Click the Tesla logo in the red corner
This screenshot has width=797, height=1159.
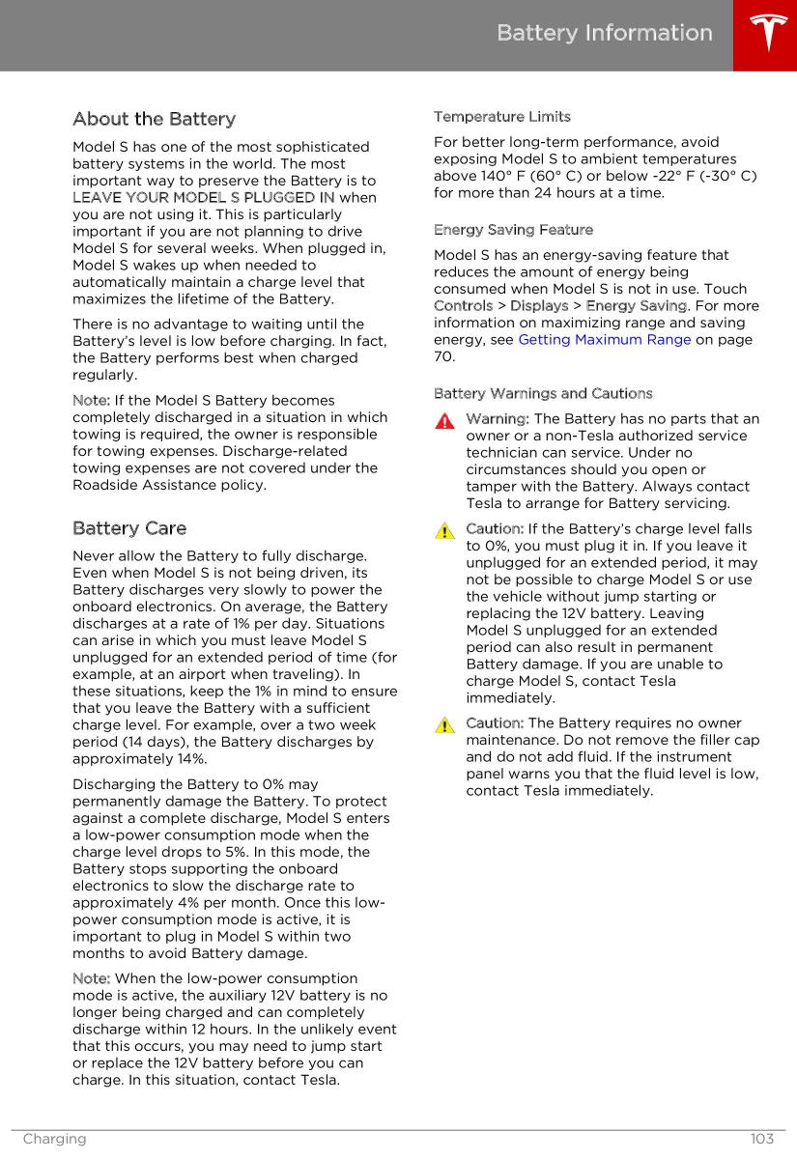[765, 35]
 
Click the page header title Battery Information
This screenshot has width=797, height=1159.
[605, 33]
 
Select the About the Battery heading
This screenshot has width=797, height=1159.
[154, 119]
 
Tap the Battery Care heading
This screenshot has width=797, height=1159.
[129, 528]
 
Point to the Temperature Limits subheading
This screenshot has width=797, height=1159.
[502, 117]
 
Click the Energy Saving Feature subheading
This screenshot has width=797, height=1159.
[514, 230]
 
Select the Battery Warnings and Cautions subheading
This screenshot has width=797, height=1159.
[543, 393]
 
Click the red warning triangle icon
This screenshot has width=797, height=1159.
[444, 421]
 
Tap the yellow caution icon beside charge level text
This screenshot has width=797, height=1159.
[444, 531]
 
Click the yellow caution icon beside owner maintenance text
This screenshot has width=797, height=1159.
[444, 725]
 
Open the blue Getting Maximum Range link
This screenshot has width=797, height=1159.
[605, 340]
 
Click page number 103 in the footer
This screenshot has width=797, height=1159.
[761, 1139]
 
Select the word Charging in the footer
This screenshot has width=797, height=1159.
[54, 1139]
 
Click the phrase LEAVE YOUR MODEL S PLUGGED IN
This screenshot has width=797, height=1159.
[204, 198]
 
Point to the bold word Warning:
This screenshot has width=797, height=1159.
[498, 419]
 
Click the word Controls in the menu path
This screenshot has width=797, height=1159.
[463, 306]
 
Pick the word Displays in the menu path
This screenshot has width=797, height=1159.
[539, 306]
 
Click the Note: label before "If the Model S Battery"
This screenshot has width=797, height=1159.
[91, 401]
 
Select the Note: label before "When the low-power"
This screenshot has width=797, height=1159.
[91, 979]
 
